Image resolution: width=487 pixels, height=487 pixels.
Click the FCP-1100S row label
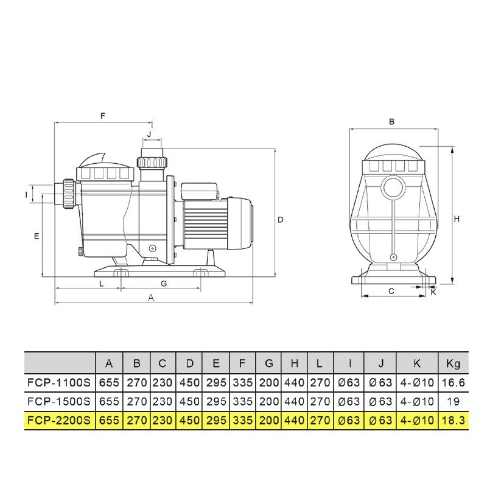[x=59, y=382]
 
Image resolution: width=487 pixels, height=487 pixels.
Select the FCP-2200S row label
[x=59, y=420]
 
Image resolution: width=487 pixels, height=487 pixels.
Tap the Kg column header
[x=453, y=363]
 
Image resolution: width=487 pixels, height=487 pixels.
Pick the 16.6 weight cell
[x=453, y=382]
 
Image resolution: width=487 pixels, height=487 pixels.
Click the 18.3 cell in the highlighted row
[x=453, y=420]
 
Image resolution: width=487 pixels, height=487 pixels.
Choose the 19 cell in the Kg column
[x=453, y=401]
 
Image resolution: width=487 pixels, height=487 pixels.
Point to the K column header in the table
[x=417, y=363]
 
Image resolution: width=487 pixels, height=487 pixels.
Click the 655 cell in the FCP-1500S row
[x=109, y=401]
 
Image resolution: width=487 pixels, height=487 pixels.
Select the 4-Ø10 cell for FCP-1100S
[x=417, y=382]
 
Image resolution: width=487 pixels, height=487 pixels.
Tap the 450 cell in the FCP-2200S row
[x=189, y=420]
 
